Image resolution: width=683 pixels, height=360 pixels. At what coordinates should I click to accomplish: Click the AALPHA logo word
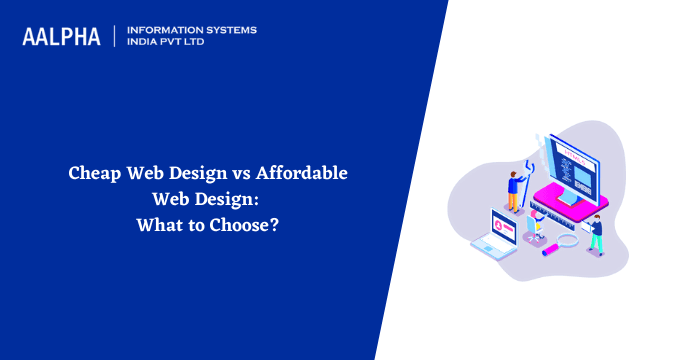[x=62, y=37]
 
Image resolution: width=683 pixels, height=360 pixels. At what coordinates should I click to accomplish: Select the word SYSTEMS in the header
[x=228, y=30]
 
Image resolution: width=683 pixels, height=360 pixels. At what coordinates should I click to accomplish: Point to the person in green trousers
[x=596, y=232]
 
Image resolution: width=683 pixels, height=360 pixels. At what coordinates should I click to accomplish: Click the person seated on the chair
[x=536, y=228]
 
